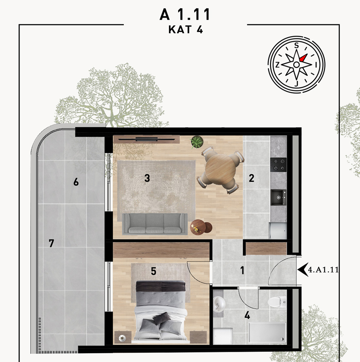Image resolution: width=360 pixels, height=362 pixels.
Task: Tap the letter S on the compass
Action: coord(296,45)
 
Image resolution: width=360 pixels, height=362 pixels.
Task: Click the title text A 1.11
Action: coord(185,14)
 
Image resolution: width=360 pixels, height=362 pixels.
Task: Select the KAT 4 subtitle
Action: coord(186,29)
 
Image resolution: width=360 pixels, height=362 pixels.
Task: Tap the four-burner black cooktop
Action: coord(278,164)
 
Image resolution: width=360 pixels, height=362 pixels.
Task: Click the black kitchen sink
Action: coord(278,197)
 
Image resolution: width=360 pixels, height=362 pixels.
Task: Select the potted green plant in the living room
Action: coord(197,142)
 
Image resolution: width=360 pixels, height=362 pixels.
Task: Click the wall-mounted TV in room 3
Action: coord(146,139)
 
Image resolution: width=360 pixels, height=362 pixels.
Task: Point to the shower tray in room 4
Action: coord(267,333)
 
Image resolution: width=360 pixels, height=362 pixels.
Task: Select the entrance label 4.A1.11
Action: coord(324,269)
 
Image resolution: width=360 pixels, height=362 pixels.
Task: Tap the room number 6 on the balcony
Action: coord(76,182)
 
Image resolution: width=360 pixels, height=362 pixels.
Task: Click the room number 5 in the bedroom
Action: coord(154,271)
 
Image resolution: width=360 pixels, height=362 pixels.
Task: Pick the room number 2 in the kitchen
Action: coord(252,178)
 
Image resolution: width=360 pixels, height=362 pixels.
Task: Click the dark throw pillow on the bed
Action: coord(161,318)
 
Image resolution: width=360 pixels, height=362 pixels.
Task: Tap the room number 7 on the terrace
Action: coord(51,243)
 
